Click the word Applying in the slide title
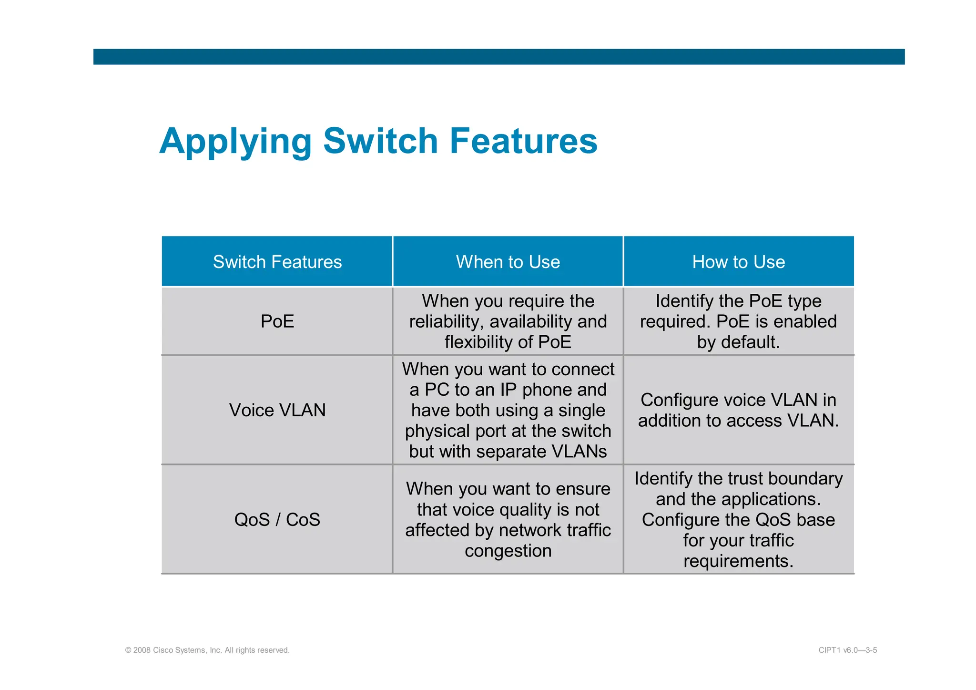(x=235, y=142)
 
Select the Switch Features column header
(x=277, y=262)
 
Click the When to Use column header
(x=508, y=262)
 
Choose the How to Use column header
(x=738, y=262)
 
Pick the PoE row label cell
(x=277, y=321)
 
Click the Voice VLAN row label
(x=277, y=410)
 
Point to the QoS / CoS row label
(x=277, y=519)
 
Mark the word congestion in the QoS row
(x=508, y=551)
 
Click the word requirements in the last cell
(x=738, y=561)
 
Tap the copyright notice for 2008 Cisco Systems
(x=207, y=650)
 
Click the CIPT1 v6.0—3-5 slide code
(x=847, y=650)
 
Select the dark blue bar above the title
(x=498, y=57)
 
